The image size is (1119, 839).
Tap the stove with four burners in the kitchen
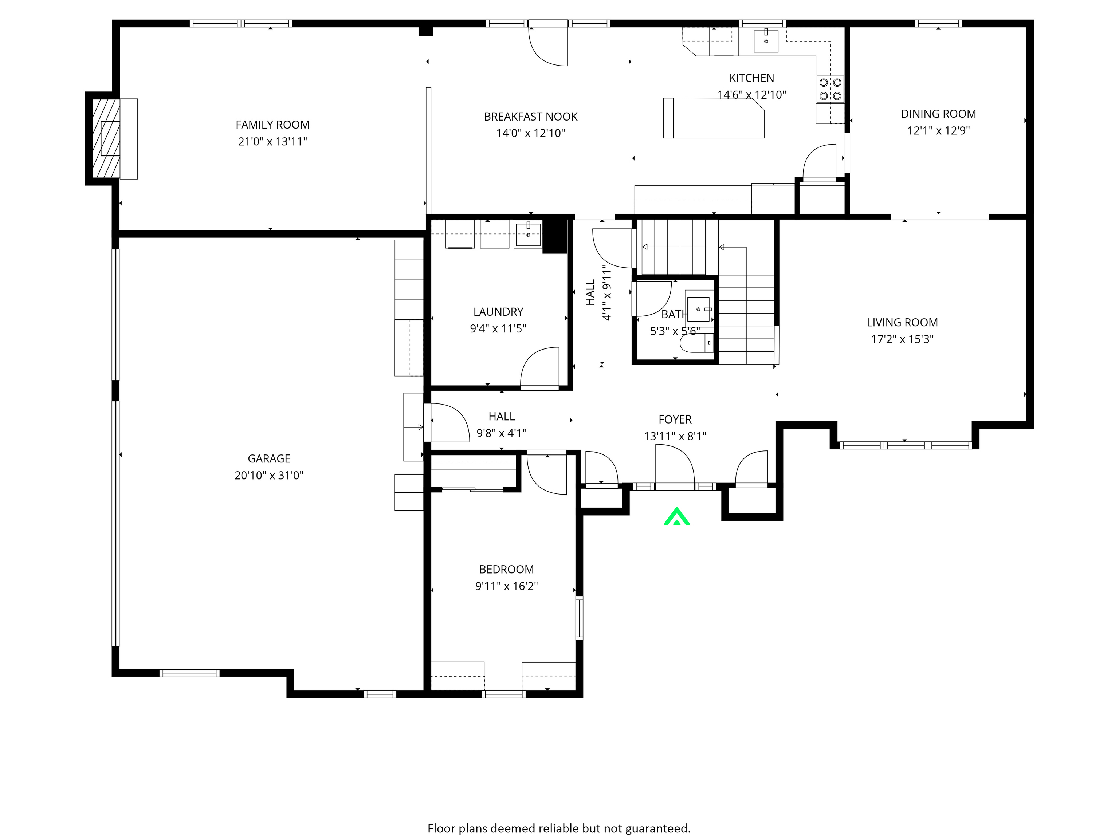pos(830,89)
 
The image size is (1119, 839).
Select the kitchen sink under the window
pos(766,40)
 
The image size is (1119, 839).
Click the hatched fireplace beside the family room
pos(106,138)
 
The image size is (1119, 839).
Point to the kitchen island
pos(713,118)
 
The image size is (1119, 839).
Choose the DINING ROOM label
pos(938,114)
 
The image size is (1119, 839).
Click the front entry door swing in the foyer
pos(674,468)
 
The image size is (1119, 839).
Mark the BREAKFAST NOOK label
pos(531,117)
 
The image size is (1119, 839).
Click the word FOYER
pos(675,419)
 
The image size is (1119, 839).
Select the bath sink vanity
pos(699,308)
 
